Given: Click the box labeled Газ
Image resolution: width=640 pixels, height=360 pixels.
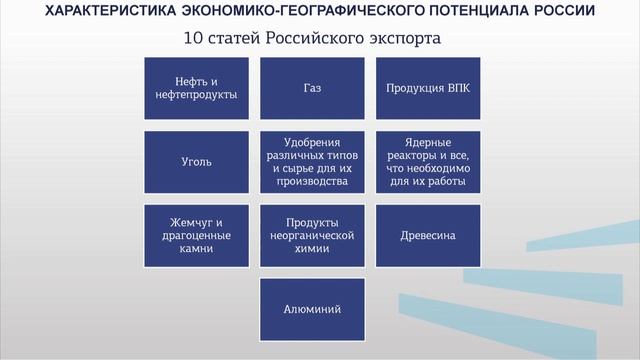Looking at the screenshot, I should click(x=312, y=87).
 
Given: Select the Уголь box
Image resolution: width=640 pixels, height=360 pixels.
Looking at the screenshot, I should click(x=196, y=161).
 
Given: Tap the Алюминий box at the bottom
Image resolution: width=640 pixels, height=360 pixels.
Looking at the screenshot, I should click(x=312, y=309).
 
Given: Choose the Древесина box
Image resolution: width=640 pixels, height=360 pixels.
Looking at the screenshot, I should click(x=428, y=235).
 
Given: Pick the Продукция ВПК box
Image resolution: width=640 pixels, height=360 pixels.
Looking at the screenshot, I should click(x=428, y=87).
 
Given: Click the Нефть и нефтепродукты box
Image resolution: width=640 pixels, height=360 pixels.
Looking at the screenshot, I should click(x=196, y=87).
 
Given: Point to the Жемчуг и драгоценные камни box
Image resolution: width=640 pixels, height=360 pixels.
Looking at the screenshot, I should click(x=196, y=235).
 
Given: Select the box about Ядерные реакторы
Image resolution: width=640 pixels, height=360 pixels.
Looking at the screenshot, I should click(x=428, y=161).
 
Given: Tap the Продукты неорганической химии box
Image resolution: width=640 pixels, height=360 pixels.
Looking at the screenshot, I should click(x=312, y=235).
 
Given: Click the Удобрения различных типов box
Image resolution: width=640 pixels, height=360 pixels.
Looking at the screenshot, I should click(x=312, y=161).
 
